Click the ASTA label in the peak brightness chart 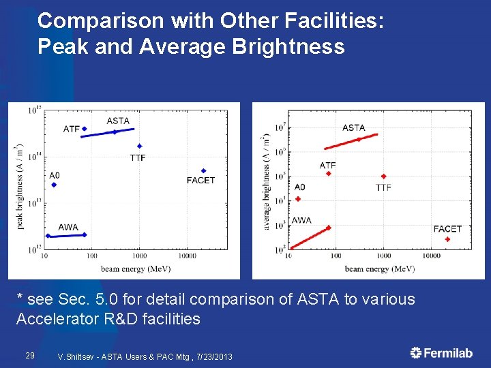point(118,121)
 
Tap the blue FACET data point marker point(203,171)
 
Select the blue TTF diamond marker point(139,146)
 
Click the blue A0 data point point(54,185)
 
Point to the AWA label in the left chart point(68,227)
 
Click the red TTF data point point(383,177)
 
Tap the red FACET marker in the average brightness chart point(447,239)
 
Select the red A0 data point point(298,199)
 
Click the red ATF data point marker point(328,174)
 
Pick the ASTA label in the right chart point(353,127)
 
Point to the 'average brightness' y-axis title point(267,181)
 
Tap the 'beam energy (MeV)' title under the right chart point(380,269)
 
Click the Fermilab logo point(441,352)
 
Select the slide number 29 point(29,355)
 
